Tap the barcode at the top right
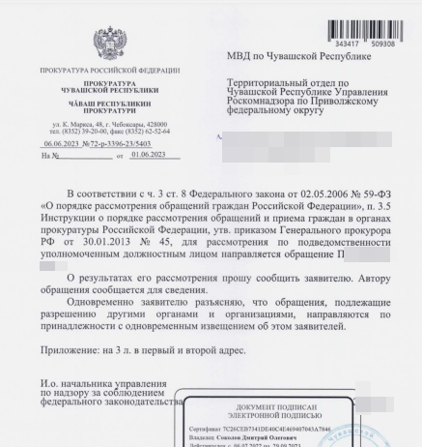[367, 20]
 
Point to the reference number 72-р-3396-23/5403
[122, 141]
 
